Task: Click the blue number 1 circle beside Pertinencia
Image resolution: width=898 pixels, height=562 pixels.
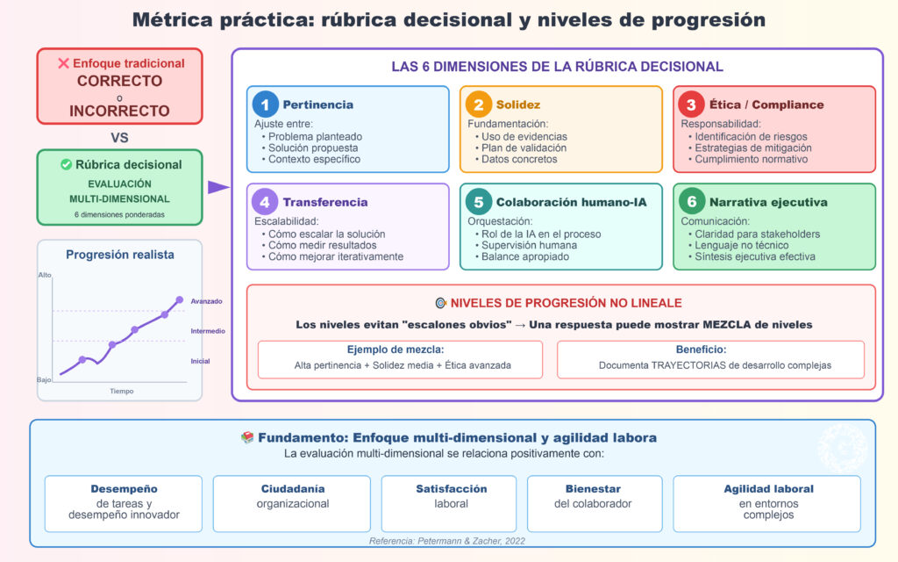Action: [x=266, y=104]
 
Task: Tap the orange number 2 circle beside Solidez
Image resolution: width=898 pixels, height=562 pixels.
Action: [x=479, y=104]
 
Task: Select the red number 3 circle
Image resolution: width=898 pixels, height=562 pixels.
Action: [x=692, y=104]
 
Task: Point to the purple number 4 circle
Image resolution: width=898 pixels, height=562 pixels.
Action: [x=266, y=202]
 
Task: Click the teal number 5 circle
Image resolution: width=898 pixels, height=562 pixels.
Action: [x=479, y=202]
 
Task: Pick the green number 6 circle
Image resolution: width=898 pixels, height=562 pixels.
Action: [x=692, y=202]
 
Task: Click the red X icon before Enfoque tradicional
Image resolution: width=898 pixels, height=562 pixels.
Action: [x=63, y=63]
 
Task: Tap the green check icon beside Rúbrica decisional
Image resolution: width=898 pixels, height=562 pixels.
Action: [x=66, y=164]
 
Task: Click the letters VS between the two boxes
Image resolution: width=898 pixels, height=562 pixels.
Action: [x=119, y=137]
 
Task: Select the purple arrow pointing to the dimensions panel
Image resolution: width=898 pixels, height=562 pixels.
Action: [x=217, y=186]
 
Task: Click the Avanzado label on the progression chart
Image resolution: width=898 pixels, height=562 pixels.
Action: [x=206, y=301]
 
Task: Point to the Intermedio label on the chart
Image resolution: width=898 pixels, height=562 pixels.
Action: [x=208, y=331]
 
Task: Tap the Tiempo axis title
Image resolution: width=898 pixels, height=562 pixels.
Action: [x=122, y=391]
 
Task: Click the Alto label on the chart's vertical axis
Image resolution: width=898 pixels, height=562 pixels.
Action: [x=45, y=275]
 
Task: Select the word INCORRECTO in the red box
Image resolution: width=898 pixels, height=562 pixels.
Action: [x=119, y=111]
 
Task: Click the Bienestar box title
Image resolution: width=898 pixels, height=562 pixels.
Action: [x=594, y=488]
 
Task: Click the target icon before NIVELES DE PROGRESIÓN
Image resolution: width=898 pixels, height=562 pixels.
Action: [x=440, y=303]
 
